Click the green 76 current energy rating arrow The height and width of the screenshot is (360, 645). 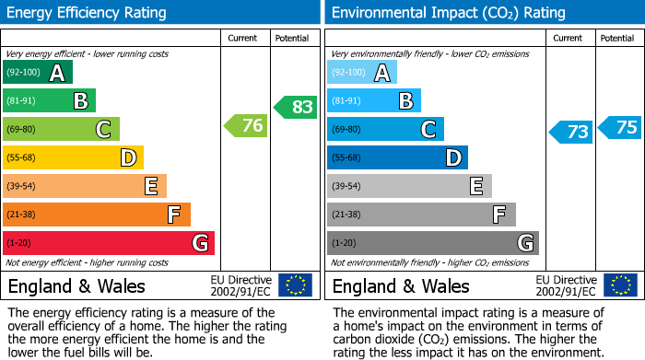point(247,126)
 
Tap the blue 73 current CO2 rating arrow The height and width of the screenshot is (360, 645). point(571,132)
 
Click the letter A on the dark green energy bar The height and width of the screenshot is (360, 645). point(57,73)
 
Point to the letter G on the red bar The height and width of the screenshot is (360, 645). point(200,243)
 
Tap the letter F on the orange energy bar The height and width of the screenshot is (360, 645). point(173,215)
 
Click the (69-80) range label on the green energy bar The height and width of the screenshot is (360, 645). point(21,130)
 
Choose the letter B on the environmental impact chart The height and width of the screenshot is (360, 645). point(405,101)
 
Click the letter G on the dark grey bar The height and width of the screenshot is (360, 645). point(525,243)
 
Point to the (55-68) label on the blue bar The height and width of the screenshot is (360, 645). point(346,158)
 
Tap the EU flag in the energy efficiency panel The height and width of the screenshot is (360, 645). point(295,285)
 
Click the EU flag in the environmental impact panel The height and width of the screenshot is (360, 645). point(620,285)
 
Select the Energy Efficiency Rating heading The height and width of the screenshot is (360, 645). point(88,13)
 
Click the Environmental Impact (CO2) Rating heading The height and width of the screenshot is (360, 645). point(448,13)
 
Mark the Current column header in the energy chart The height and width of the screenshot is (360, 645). point(243,38)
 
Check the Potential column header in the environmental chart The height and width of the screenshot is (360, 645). point(617,38)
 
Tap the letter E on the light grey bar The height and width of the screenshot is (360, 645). point(476,187)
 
